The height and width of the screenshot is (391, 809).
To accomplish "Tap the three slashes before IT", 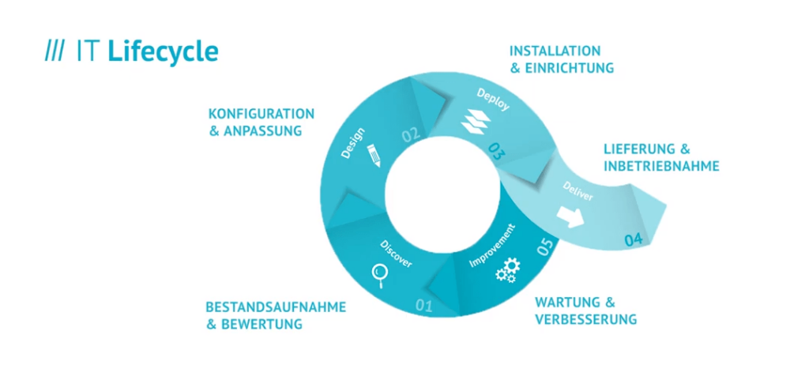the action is point(55,51).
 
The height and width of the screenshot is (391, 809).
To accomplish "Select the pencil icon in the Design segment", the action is point(374,156).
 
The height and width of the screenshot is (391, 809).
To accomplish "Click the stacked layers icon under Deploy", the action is point(476,122).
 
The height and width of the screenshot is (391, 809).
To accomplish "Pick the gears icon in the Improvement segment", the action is point(508,271).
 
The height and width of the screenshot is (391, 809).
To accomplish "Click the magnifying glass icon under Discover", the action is point(380,276).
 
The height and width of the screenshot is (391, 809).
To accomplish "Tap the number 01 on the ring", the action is point(423,306).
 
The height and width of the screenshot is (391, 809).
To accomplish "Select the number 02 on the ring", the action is point(411,135).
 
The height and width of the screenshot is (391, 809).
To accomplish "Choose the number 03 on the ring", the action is point(495,151).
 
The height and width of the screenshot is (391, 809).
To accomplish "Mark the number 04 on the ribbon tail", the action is point(634,240).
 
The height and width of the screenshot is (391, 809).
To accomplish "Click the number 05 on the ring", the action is point(545,246).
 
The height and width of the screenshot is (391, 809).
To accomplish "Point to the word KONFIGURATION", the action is point(261,114).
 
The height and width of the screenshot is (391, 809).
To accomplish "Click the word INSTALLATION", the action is point(555,51).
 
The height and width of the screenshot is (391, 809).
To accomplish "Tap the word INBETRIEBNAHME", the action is point(661,167).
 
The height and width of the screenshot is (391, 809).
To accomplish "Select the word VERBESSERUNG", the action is point(585,319).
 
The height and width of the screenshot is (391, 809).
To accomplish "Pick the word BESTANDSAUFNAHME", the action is point(276,307).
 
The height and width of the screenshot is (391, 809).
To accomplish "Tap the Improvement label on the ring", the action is point(492,246).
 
